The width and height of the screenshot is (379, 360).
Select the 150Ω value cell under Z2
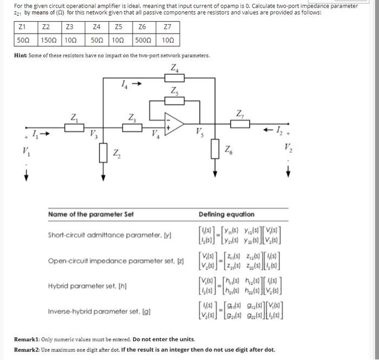click(x=49, y=40)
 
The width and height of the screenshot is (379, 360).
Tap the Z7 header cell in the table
click(x=168, y=27)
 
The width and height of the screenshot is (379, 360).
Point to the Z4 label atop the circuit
click(x=175, y=69)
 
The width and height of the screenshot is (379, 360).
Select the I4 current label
click(x=125, y=84)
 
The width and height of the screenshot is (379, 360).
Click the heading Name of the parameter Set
click(x=90, y=214)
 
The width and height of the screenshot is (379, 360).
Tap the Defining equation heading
click(x=226, y=214)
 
